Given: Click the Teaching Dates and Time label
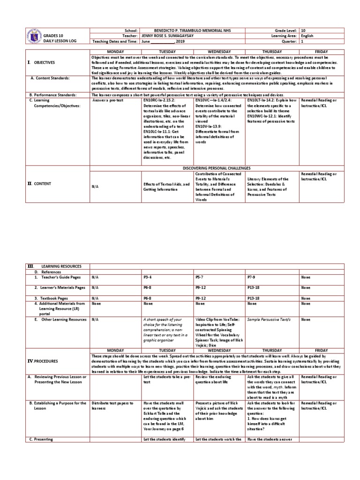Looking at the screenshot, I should point(114,41).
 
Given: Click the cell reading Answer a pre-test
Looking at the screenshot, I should point(106,100).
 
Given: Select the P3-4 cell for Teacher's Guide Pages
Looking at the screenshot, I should point(148,277).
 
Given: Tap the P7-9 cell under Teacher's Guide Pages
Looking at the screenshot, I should point(252,277).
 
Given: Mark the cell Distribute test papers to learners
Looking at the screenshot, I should point(112,405).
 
